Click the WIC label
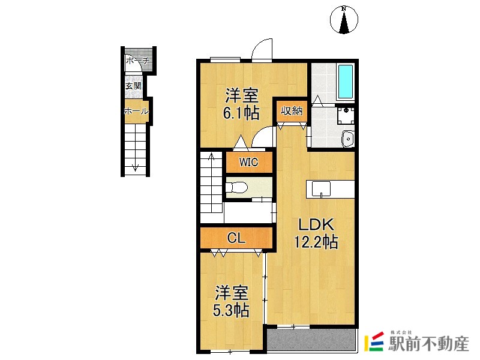(x=248, y=161)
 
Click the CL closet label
(x=236, y=238)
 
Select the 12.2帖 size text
(x=316, y=242)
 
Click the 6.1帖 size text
(x=242, y=112)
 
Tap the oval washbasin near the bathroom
(x=347, y=139)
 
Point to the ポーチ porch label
(x=137, y=61)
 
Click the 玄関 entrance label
(x=133, y=86)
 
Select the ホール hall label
(x=136, y=111)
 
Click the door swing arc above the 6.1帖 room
(x=263, y=49)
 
